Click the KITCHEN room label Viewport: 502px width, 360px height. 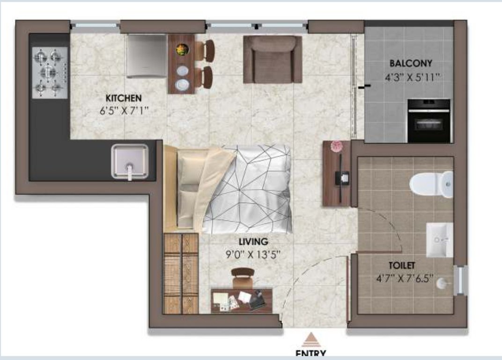point(124,98)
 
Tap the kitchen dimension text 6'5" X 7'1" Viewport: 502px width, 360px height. point(124,111)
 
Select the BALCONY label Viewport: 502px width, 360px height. point(411,63)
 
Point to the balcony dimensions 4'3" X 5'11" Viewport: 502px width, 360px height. point(413,77)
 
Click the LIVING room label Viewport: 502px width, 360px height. point(253,241)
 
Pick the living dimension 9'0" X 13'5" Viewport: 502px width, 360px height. point(253,255)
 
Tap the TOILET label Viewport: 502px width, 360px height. point(402,265)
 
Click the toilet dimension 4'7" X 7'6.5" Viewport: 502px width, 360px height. point(404,278)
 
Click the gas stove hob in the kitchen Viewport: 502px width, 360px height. point(50,73)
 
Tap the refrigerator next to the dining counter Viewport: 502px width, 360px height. point(146,56)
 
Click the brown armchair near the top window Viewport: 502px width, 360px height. point(273,60)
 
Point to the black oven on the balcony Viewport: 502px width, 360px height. point(429,120)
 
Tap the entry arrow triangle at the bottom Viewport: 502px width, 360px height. point(310,340)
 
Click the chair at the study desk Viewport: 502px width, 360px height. point(243,278)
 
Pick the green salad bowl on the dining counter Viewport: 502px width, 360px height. point(182,49)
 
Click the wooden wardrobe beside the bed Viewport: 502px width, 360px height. point(181,273)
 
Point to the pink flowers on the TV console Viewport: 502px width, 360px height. point(336,146)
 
